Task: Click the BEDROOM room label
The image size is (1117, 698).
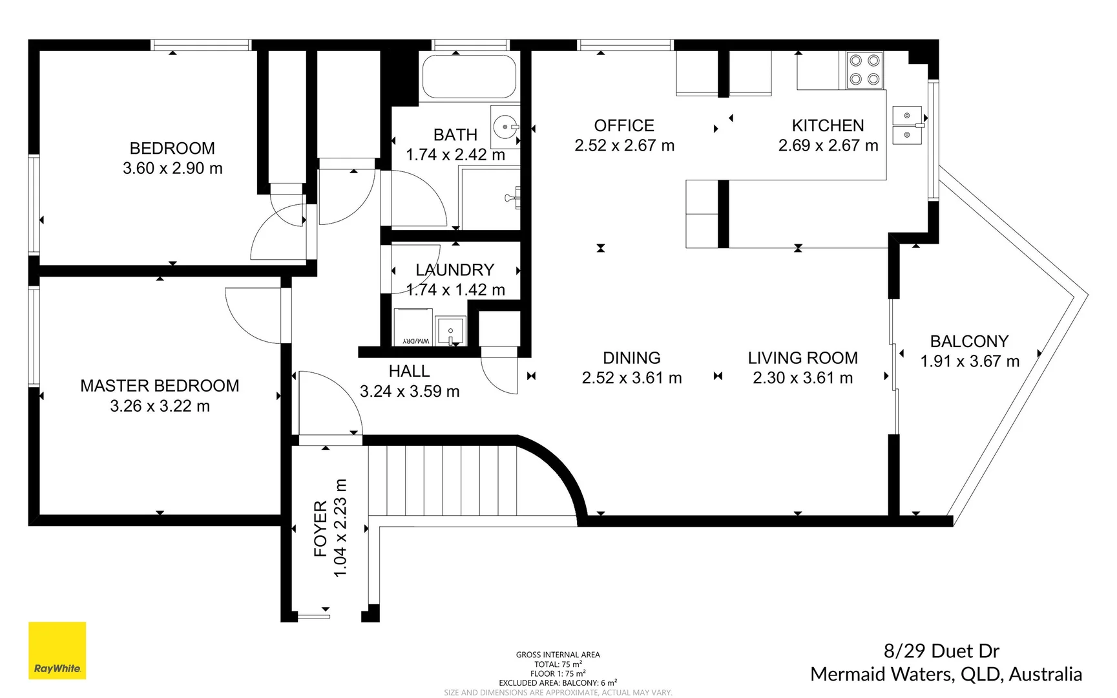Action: [x=172, y=148]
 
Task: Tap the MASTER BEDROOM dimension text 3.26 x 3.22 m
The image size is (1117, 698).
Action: [x=160, y=406]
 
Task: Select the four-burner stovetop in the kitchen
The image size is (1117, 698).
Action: [x=864, y=70]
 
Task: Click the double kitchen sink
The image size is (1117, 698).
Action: [x=907, y=125]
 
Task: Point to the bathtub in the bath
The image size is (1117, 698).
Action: [x=469, y=76]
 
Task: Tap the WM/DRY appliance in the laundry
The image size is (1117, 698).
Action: [x=413, y=328]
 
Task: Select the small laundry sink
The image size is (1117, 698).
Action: [x=450, y=331]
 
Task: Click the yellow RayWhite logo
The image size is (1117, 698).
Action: [x=57, y=650]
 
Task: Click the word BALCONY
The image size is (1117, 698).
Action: [x=969, y=341]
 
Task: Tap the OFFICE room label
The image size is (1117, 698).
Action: [x=624, y=125]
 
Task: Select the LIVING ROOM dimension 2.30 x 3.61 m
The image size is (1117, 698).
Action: [x=802, y=378]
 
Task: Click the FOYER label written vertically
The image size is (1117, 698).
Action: [x=320, y=529]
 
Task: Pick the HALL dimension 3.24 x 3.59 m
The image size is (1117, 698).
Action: [x=410, y=392]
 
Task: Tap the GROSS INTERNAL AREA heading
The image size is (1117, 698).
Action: [x=558, y=655]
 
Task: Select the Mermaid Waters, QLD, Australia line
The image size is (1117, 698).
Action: [x=946, y=674]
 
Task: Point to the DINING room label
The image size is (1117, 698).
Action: [x=631, y=358]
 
